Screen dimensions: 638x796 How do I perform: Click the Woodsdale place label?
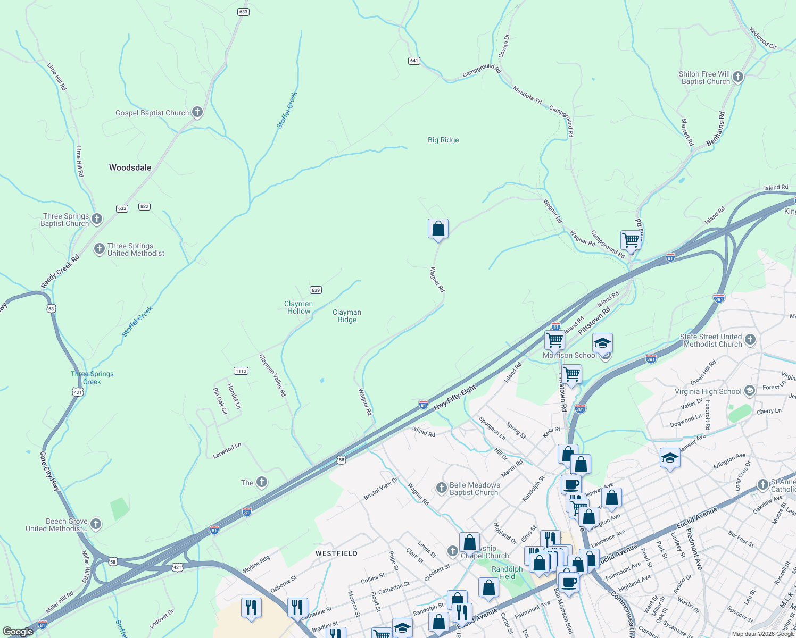click(x=130, y=167)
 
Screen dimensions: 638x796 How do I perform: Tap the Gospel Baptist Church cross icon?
click(x=197, y=112)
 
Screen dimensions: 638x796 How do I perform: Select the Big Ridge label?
click(x=443, y=140)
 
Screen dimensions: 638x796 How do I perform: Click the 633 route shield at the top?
click(x=243, y=12)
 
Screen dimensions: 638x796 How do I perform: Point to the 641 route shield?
click(x=414, y=61)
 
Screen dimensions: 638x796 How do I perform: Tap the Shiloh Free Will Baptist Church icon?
click(x=737, y=77)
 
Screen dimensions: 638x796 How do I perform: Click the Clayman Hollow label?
click(x=298, y=307)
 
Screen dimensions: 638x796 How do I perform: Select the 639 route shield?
click(x=316, y=290)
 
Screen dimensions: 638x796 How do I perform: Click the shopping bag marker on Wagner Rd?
click(x=438, y=229)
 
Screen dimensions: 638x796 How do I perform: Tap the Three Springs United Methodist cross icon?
click(x=99, y=249)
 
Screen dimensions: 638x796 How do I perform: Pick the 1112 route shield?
click(x=241, y=371)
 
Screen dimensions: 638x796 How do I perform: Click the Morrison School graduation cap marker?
click(x=602, y=343)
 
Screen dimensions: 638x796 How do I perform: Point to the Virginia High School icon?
click(x=750, y=391)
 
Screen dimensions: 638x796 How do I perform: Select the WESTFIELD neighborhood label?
click(x=336, y=553)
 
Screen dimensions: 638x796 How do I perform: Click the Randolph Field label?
click(x=507, y=573)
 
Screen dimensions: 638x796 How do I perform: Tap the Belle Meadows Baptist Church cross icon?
click(x=441, y=488)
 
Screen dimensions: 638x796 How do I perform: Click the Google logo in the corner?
click(x=18, y=632)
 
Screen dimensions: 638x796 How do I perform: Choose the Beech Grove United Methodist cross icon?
click(x=96, y=524)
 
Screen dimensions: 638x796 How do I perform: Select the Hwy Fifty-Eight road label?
click(x=455, y=398)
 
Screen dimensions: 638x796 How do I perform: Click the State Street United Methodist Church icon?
click(x=750, y=339)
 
